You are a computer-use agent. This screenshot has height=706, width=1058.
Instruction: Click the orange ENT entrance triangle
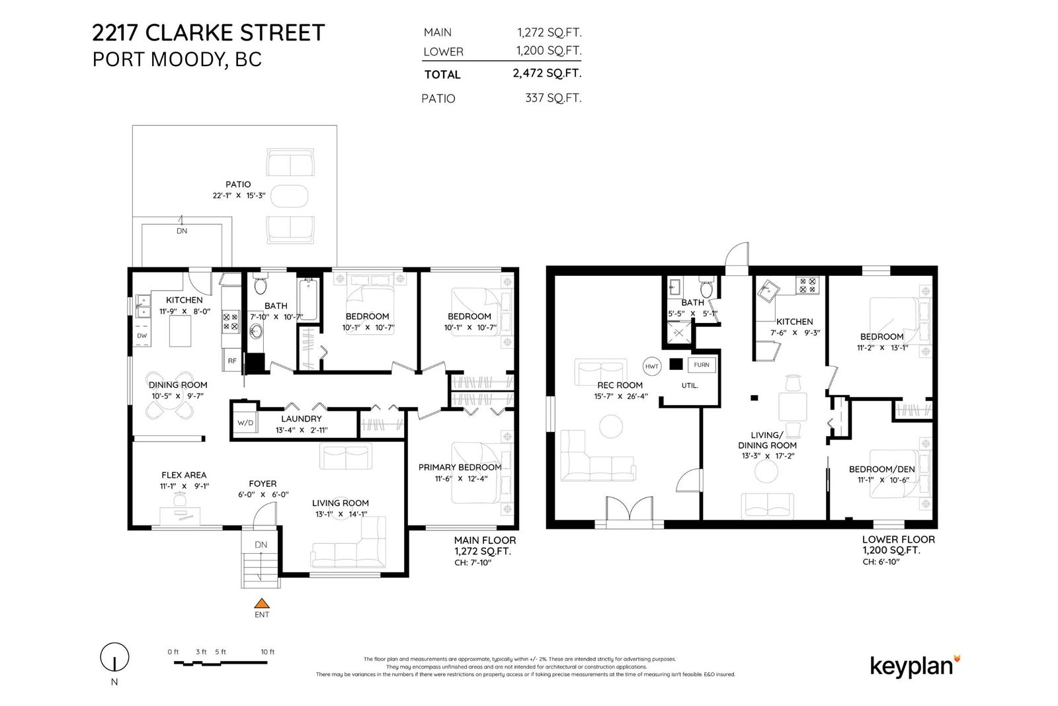coord(262,603)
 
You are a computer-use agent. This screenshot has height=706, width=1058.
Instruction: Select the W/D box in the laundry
coord(245,422)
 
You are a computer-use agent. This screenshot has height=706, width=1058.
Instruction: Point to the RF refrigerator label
coord(232,361)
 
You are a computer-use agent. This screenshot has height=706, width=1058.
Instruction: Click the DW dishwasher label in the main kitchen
coord(142,335)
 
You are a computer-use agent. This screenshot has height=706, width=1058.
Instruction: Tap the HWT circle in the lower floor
coord(652,366)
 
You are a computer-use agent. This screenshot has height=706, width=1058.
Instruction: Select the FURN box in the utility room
coord(702,365)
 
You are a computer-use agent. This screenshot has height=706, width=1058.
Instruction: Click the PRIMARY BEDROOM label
coord(460,467)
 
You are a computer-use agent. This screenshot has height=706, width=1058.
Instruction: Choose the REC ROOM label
coord(620,385)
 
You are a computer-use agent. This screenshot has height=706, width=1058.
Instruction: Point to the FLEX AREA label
coord(184,475)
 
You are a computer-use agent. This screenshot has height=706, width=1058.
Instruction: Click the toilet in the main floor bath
coord(261,284)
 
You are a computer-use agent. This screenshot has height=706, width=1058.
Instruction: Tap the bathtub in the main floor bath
coord(308,300)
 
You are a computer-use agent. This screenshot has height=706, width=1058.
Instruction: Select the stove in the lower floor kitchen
coord(807,285)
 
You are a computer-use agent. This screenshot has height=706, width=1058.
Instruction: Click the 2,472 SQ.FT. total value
coord(547,73)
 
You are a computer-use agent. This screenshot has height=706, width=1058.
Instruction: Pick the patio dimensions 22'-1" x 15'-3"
coord(239,195)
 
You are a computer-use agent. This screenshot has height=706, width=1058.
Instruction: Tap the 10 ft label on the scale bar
coord(267,652)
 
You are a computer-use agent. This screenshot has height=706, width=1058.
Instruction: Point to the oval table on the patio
coord(289,196)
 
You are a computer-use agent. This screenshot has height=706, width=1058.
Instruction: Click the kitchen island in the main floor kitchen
coord(181,331)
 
